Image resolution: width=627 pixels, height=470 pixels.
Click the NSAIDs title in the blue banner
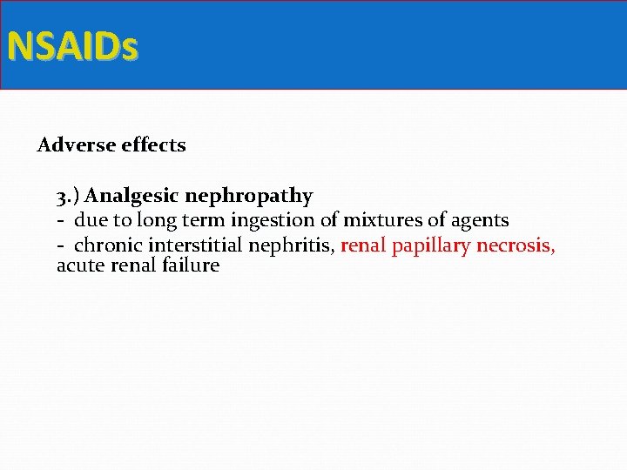click(72, 46)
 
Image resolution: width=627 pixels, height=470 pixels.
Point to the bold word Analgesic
click(130, 197)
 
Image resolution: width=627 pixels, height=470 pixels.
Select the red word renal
click(363, 245)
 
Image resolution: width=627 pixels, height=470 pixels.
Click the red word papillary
click(431, 246)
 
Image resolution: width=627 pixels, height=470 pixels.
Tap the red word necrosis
click(516, 245)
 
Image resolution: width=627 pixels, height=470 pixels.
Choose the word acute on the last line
click(81, 265)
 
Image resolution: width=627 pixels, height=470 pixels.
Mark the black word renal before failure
click(133, 265)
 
